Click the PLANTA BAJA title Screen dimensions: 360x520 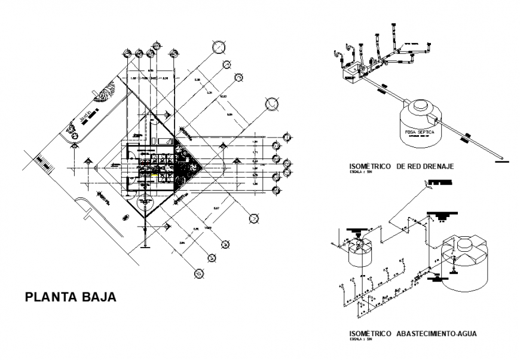click(70, 297)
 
